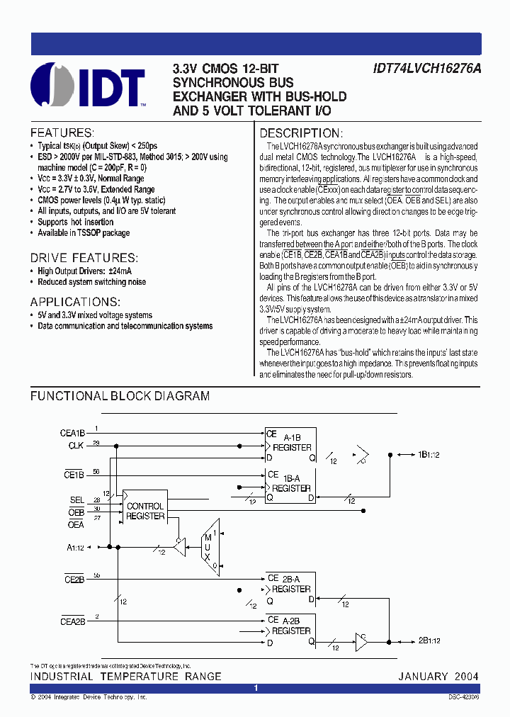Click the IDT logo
pyautogui.click(x=88, y=87)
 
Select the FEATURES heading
pyautogui.click(x=62, y=133)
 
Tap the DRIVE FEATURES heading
pyautogui.click(x=84, y=259)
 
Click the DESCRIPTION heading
pyautogui.click(x=301, y=133)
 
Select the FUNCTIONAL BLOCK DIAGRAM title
pyautogui.click(x=120, y=397)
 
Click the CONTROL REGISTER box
pyautogui.click(x=145, y=512)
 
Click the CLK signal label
pyautogui.click(x=76, y=446)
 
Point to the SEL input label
pyautogui.click(x=76, y=500)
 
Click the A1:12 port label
pyautogui.click(x=75, y=546)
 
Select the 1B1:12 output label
pyautogui.click(x=430, y=454)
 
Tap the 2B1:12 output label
pyautogui.click(x=429, y=640)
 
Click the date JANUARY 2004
pyautogui.click(x=438, y=677)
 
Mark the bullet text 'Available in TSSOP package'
pyautogui.click(x=84, y=233)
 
